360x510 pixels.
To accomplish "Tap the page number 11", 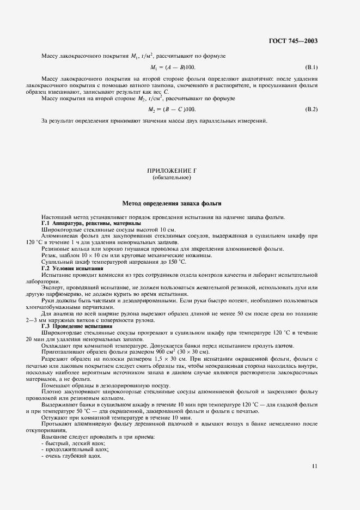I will tap(315, 466).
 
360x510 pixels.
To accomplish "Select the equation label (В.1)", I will tap(311, 67).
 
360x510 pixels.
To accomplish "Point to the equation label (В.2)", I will tap(311, 110).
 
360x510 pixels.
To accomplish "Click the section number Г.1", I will tap(46, 223).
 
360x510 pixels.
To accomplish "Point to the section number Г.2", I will tap(46, 269).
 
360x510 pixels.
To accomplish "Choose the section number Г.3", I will tap(46, 326).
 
